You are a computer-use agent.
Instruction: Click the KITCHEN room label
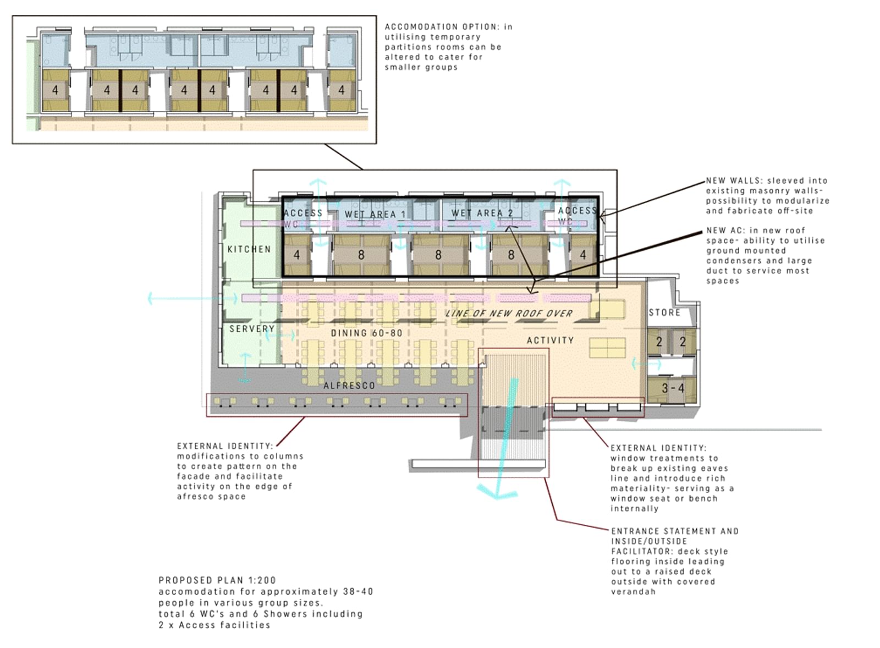point(249,250)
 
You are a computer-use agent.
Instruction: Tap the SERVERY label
point(252,329)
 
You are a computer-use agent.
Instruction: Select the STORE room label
point(664,313)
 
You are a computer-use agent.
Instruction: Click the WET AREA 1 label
point(375,215)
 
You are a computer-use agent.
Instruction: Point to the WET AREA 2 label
point(482,213)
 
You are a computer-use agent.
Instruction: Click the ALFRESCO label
point(349,386)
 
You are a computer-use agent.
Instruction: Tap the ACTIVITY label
point(550,341)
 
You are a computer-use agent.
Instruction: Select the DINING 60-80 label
point(366,333)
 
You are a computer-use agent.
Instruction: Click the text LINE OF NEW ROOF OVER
point(509,314)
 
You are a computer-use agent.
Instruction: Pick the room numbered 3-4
point(673,389)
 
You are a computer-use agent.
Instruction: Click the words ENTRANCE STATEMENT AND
point(675,531)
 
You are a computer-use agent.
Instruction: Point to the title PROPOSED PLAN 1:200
point(217,580)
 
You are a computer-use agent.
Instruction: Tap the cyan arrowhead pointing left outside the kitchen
point(150,299)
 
